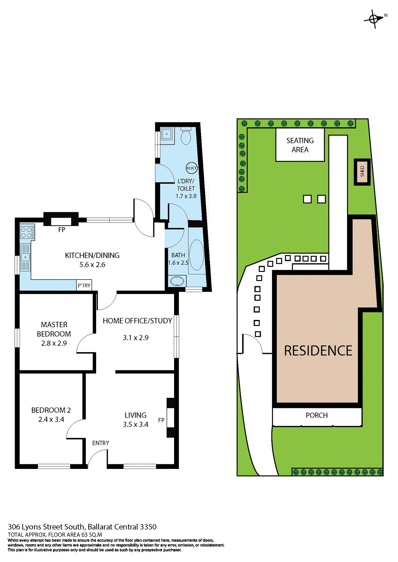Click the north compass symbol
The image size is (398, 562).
[374, 19]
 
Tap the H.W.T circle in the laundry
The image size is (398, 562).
[192, 168]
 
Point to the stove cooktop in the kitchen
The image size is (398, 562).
[27, 232]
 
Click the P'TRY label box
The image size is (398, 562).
[84, 285]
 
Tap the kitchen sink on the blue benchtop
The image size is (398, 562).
[25, 257]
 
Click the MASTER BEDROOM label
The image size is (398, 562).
[54, 329]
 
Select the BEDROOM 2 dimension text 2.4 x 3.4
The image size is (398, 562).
[51, 419]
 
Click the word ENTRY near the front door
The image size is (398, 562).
[101, 443]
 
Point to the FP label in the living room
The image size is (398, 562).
[161, 420]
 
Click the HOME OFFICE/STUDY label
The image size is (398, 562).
[137, 321]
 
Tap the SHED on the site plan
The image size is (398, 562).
[362, 172]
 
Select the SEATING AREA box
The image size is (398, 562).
[300, 145]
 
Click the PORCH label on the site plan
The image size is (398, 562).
[317, 415]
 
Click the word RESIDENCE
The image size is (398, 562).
[318, 351]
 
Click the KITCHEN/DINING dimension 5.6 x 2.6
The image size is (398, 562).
[92, 265]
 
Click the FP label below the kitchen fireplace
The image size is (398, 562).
[62, 230]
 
